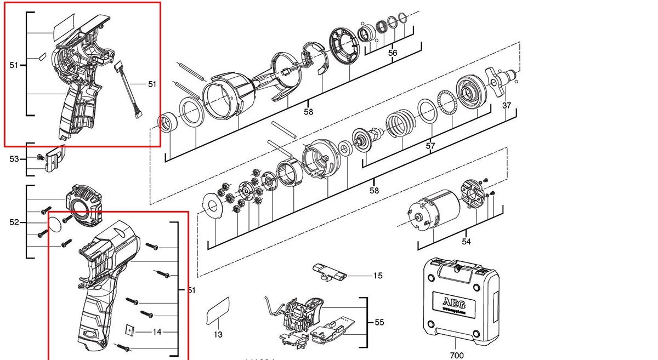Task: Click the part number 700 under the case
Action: (456, 355)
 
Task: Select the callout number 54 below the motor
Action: (466, 241)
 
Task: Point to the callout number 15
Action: (378, 276)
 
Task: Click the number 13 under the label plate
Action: (218, 334)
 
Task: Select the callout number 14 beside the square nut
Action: (157, 332)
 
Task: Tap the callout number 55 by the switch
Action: (379, 323)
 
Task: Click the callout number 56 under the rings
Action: (393, 53)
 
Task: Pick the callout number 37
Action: (507, 105)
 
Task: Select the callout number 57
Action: (430, 146)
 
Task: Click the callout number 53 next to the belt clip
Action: (14, 159)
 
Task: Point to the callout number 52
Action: (14, 222)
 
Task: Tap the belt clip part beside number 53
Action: (55, 158)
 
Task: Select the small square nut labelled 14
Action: (129, 331)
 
